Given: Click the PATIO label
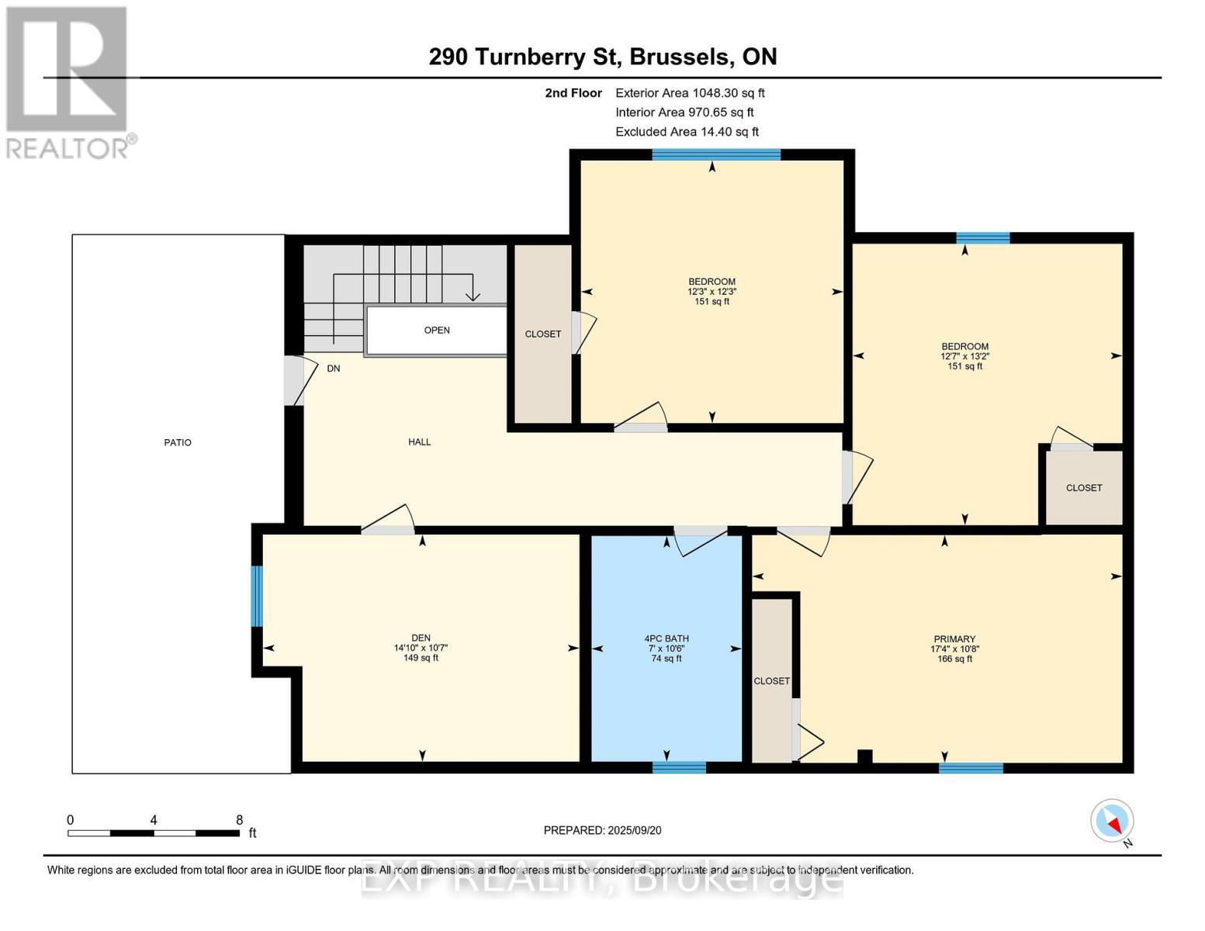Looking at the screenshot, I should tap(178, 442).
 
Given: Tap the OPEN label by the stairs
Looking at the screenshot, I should tap(437, 330).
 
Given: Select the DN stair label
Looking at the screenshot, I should tap(333, 369).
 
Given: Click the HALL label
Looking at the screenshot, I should tap(419, 441).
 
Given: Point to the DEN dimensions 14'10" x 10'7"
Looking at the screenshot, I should tap(421, 648).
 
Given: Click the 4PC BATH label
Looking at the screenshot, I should tap(667, 639).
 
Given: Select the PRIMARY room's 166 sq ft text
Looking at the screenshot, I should tap(954, 659).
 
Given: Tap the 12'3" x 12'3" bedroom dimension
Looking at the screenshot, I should tap(712, 292).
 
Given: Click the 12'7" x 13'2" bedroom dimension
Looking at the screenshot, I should tap(964, 356).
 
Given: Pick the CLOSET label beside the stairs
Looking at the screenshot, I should tap(542, 334).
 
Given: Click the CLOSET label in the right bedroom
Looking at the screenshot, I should tap(1083, 488).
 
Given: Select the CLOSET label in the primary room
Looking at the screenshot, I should tap(771, 680).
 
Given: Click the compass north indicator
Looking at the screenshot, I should tap(1113, 821).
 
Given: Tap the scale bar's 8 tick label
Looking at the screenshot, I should tap(239, 820).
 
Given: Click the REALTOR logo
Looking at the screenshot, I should tap(68, 81).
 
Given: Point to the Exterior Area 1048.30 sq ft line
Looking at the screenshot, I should tap(690, 92).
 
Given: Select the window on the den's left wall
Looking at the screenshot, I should tap(257, 596).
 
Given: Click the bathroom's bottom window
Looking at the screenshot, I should tap(679, 767).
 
